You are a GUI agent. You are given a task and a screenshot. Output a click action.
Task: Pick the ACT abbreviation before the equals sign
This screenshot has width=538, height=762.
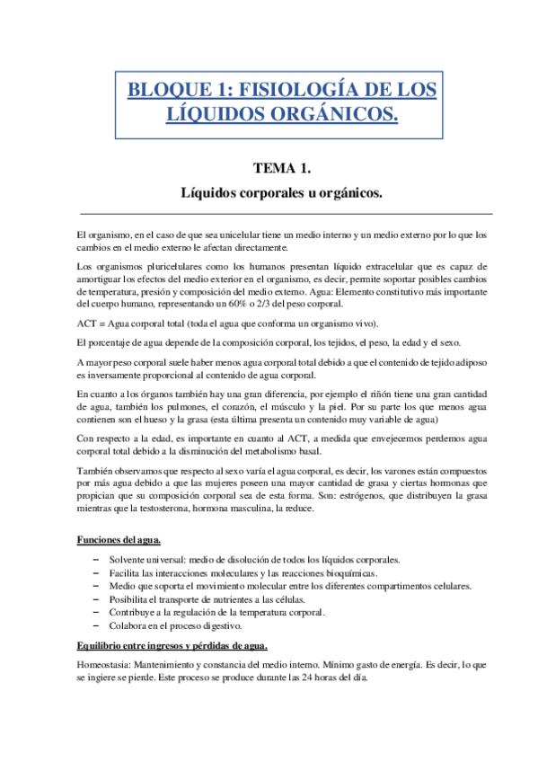88,323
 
